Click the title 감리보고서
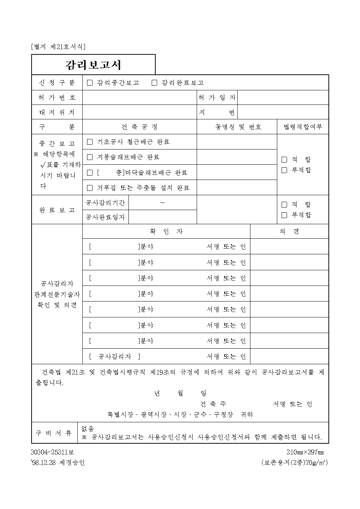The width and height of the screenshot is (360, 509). (x=93, y=65)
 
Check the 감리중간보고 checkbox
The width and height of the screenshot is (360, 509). (x=90, y=83)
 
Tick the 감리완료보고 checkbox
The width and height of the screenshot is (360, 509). (x=154, y=83)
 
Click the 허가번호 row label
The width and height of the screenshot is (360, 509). (x=57, y=98)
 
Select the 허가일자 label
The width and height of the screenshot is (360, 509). (x=217, y=98)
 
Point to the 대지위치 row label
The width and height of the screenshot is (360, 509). (x=57, y=112)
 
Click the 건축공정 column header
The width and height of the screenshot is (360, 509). (x=140, y=127)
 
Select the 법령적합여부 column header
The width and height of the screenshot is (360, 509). (x=303, y=127)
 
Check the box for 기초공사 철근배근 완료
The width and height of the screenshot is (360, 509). (x=90, y=142)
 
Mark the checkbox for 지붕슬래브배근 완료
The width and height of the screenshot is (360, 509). (x=90, y=157)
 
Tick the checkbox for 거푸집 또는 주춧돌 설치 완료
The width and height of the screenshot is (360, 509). (x=90, y=188)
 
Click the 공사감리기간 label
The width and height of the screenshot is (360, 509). (x=105, y=203)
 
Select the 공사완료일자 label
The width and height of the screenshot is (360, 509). (x=105, y=217)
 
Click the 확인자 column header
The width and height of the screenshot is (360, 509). (x=166, y=231)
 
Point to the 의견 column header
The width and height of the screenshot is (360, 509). (x=289, y=231)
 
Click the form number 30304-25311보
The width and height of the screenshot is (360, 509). (x=52, y=452)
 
